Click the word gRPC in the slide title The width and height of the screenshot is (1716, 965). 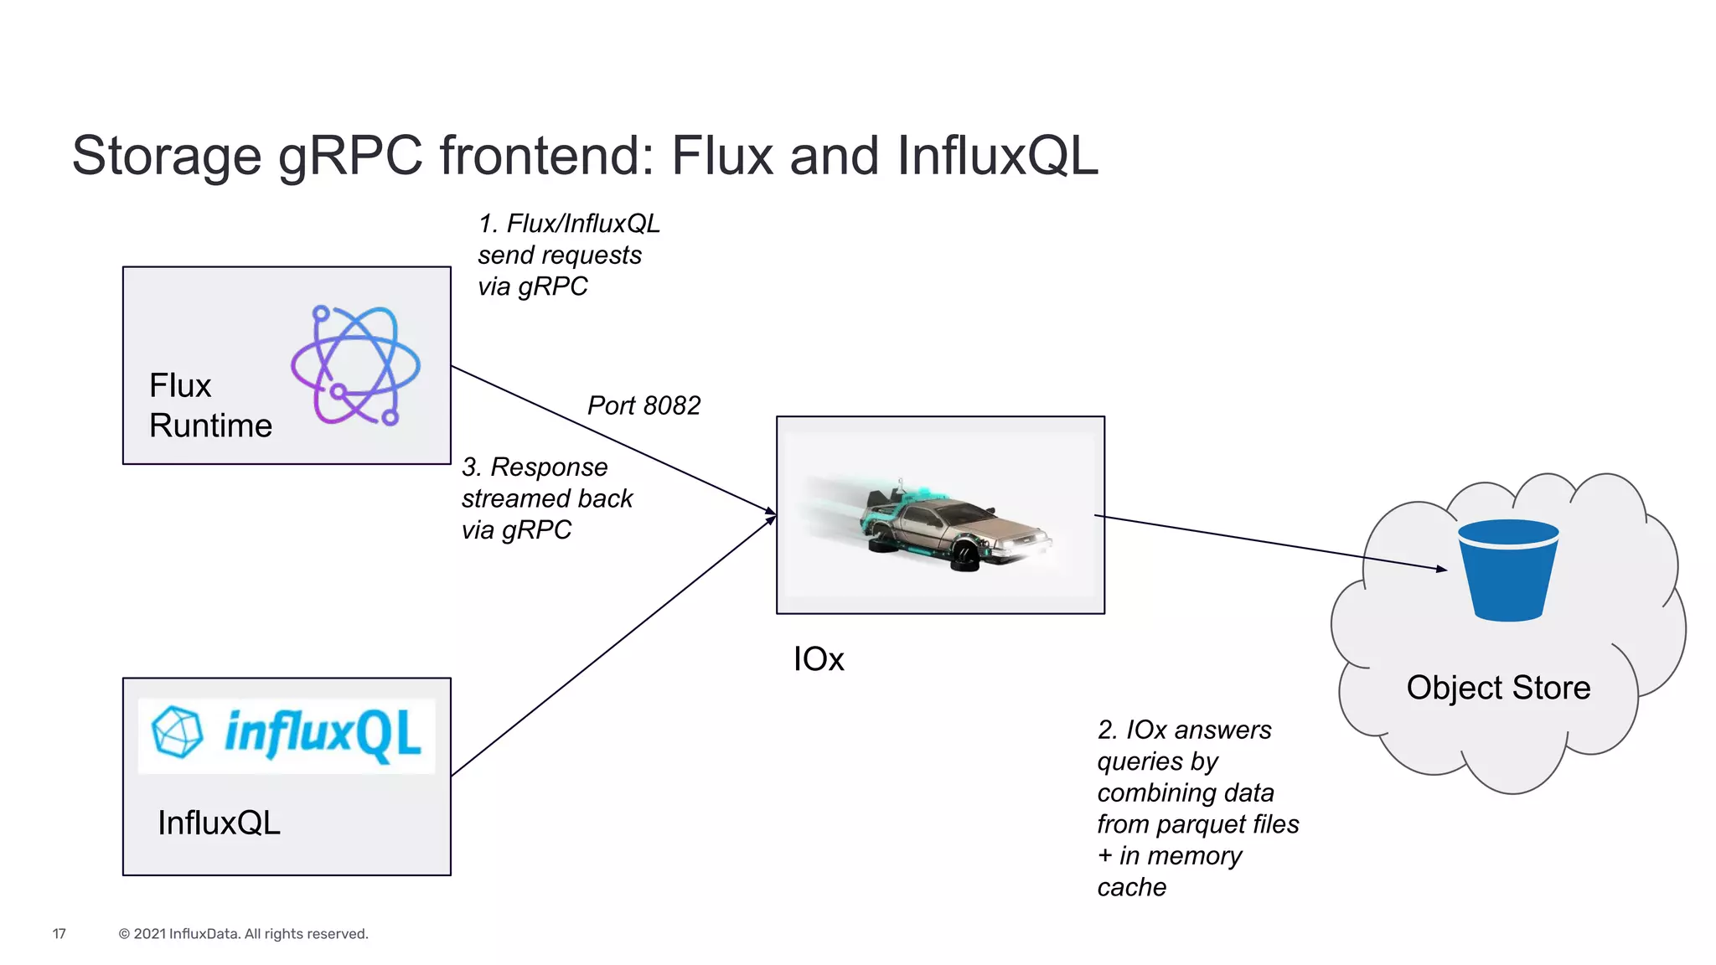pyautogui.click(x=350, y=157)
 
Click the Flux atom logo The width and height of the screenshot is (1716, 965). pyautogui.click(x=355, y=366)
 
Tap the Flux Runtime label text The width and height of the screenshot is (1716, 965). pyautogui.click(x=209, y=405)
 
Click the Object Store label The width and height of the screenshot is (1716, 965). pyautogui.click(x=1497, y=688)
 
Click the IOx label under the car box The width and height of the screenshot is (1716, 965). pyautogui.click(x=819, y=659)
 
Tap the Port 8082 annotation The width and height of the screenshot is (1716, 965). pyautogui.click(x=643, y=405)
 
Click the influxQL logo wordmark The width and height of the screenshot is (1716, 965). pyautogui.click(x=323, y=735)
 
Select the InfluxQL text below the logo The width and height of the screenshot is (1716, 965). pyautogui.click(x=219, y=823)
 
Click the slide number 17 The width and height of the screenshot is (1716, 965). pyautogui.click(x=59, y=934)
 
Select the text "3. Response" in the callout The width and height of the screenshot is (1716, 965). pyautogui.click(x=535, y=467)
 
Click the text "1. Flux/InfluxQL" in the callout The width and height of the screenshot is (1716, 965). pyautogui.click(x=569, y=224)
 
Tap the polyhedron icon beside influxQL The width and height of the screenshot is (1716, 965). pyautogui.click(x=177, y=732)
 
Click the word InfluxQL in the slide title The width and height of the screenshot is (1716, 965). pyautogui.click(x=997, y=157)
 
